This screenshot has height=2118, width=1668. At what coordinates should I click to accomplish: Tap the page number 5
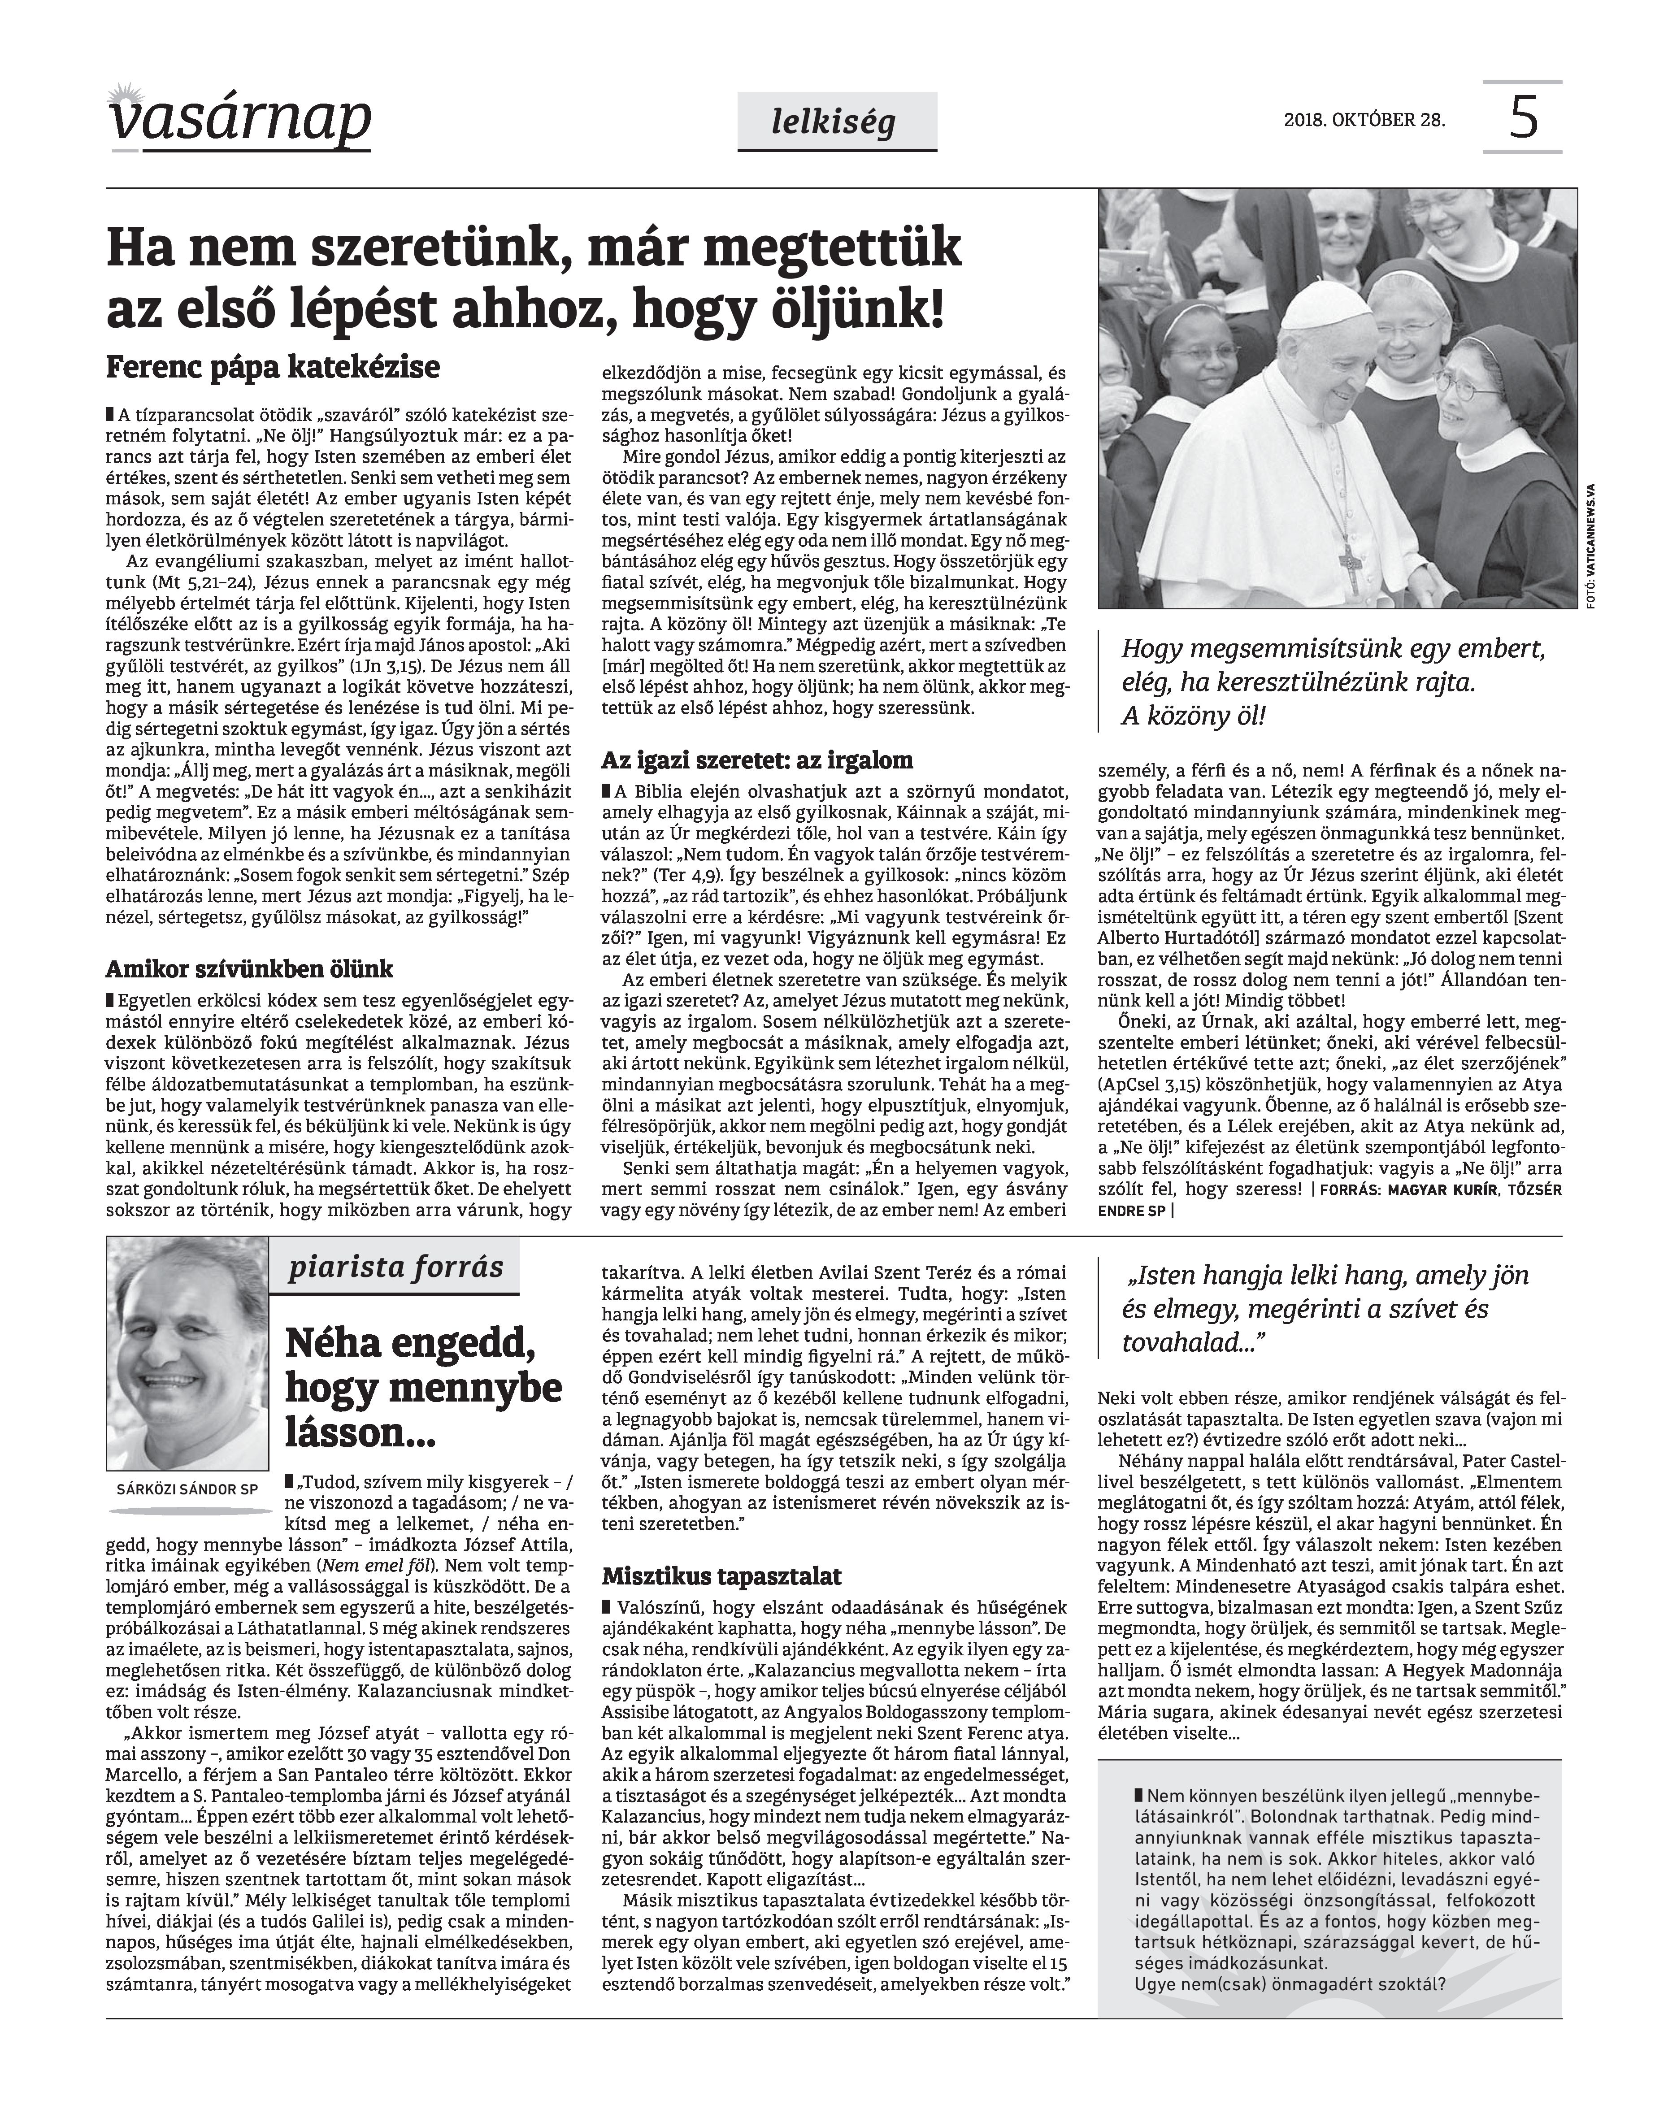(x=1522, y=118)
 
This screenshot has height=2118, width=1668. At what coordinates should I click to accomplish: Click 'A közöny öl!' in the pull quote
(x=1193, y=717)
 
